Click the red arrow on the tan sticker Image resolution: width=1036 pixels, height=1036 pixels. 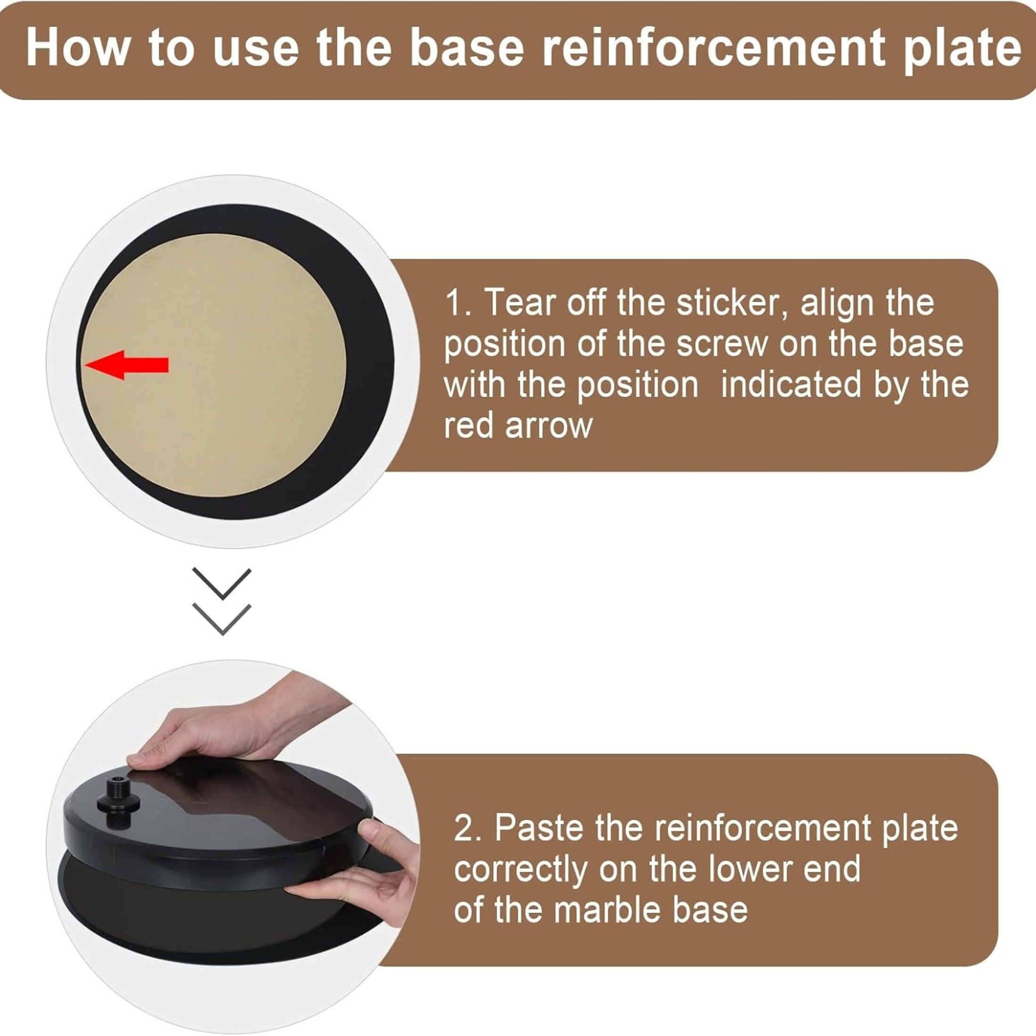point(127,365)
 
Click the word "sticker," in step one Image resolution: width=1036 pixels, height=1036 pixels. point(732,304)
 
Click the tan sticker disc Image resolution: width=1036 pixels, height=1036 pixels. point(214,365)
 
